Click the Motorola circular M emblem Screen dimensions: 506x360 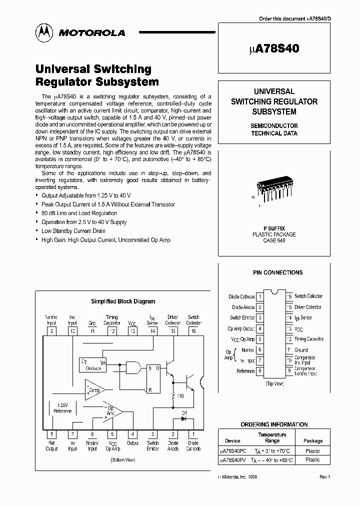coord(44,32)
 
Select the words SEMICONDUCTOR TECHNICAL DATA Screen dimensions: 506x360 coord(274,129)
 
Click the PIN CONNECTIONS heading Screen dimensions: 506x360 coord(277,272)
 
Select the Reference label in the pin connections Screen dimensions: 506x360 coord(245,371)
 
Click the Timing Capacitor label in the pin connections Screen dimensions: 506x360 coord(308,339)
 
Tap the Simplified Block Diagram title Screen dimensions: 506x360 coord(122,301)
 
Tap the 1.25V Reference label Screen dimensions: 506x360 coord(63,408)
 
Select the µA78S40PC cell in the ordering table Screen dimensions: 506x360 coord(232,451)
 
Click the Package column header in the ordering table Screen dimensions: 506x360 coord(313,441)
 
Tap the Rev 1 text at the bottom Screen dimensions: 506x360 coord(325,477)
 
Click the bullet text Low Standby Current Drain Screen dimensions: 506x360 coord(73,231)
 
